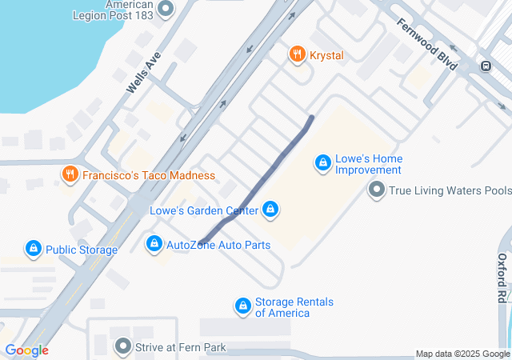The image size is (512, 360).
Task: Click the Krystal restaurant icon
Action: click(x=297, y=54)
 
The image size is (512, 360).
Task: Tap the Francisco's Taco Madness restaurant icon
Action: click(x=70, y=174)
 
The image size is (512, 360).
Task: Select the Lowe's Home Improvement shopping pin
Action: click(x=322, y=163)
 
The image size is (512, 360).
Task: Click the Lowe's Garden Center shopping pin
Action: click(x=270, y=210)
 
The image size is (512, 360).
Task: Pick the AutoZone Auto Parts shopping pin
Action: click(x=154, y=243)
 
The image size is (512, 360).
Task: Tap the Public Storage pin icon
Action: click(x=34, y=249)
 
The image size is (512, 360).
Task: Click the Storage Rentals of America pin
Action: click(x=242, y=306)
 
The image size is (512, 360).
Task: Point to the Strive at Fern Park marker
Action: click(x=122, y=347)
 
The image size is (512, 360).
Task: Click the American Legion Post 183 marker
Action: click(x=166, y=10)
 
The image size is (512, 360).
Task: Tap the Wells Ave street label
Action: click(x=145, y=70)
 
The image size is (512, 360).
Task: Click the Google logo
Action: click(x=26, y=350)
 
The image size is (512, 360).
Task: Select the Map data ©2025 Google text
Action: click(x=462, y=354)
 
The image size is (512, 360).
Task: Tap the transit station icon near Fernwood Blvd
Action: click(x=484, y=66)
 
